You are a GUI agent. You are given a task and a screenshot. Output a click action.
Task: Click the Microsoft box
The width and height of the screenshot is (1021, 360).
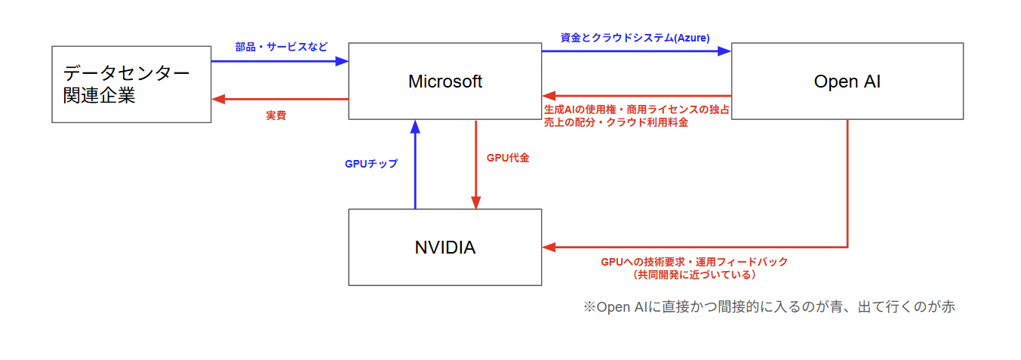(444, 82)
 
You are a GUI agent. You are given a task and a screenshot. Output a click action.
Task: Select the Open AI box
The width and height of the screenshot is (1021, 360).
(847, 82)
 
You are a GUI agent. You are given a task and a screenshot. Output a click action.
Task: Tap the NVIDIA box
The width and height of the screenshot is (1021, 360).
(444, 248)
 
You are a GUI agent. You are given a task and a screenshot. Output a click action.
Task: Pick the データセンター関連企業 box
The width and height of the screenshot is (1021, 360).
(131, 85)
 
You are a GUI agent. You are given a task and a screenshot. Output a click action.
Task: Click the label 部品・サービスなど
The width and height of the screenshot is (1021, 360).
(281, 47)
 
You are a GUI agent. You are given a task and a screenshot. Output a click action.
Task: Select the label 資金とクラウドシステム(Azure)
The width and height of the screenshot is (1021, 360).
(635, 37)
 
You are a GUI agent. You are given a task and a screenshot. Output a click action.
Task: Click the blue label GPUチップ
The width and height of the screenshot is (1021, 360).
(371, 164)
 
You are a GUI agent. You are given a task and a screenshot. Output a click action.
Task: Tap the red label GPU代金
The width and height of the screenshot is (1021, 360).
(508, 158)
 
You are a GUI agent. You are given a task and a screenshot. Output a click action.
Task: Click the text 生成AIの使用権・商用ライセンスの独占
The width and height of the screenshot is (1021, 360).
(636, 110)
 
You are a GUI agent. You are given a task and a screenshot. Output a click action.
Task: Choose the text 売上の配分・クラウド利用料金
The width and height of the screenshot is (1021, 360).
(616, 122)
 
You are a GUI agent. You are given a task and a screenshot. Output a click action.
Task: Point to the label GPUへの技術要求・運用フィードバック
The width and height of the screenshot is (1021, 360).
(693, 262)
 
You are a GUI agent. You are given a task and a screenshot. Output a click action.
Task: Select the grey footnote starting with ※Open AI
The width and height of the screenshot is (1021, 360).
(769, 307)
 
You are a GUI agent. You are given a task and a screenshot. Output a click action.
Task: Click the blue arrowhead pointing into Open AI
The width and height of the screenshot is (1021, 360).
(724, 51)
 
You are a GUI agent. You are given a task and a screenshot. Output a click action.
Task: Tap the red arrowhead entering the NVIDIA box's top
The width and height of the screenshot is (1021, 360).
(476, 202)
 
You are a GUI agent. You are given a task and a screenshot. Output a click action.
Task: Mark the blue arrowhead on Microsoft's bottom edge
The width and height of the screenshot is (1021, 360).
(415, 126)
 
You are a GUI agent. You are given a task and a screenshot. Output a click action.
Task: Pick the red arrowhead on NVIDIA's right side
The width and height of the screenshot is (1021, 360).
(549, 247)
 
